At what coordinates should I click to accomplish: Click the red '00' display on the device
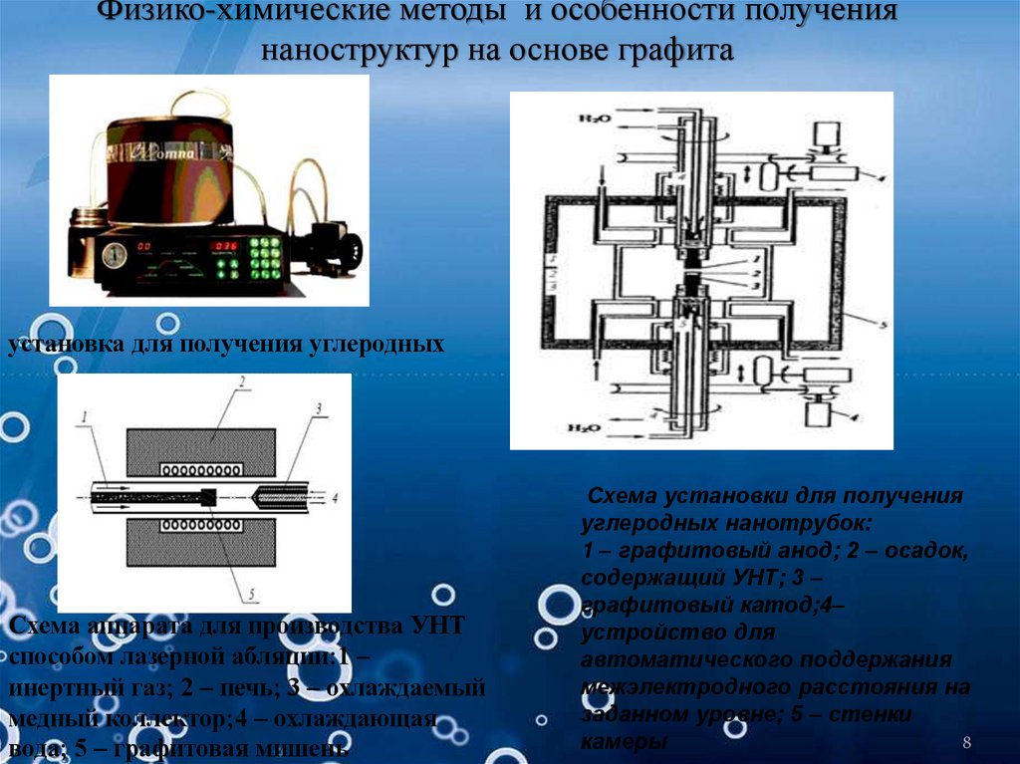click(x=145, y=246)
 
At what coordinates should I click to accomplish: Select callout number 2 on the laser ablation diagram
click(x=239, y=384)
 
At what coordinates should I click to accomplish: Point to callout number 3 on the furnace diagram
click(x=318, y=408)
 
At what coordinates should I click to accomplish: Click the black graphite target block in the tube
click(x=207, y=496)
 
